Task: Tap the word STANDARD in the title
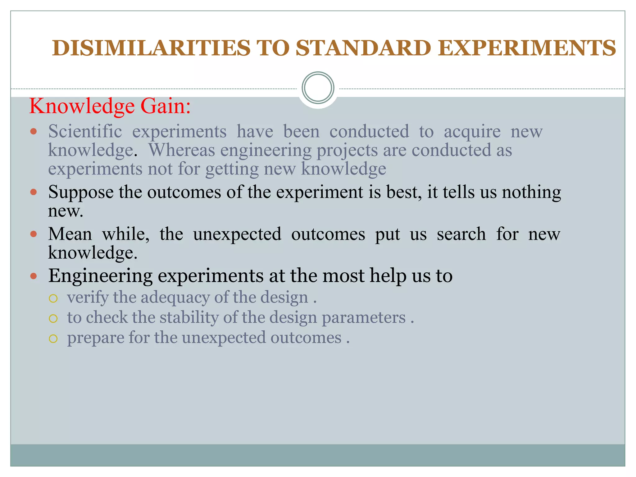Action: tap(363, 48)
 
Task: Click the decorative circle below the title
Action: tap(318, 88)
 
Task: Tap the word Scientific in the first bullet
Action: tap(85, 131)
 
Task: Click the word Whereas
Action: tap(182, 150)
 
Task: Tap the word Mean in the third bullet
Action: tap(70, 234)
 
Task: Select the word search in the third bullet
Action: tap(461, 234)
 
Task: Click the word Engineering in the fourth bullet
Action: tap(100, 276)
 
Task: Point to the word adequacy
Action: tap(175, 298)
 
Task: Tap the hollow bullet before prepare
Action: tap(53, 338)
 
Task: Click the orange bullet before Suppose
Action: tap(34, 192)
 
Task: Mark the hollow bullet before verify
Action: tap(53, 298)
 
